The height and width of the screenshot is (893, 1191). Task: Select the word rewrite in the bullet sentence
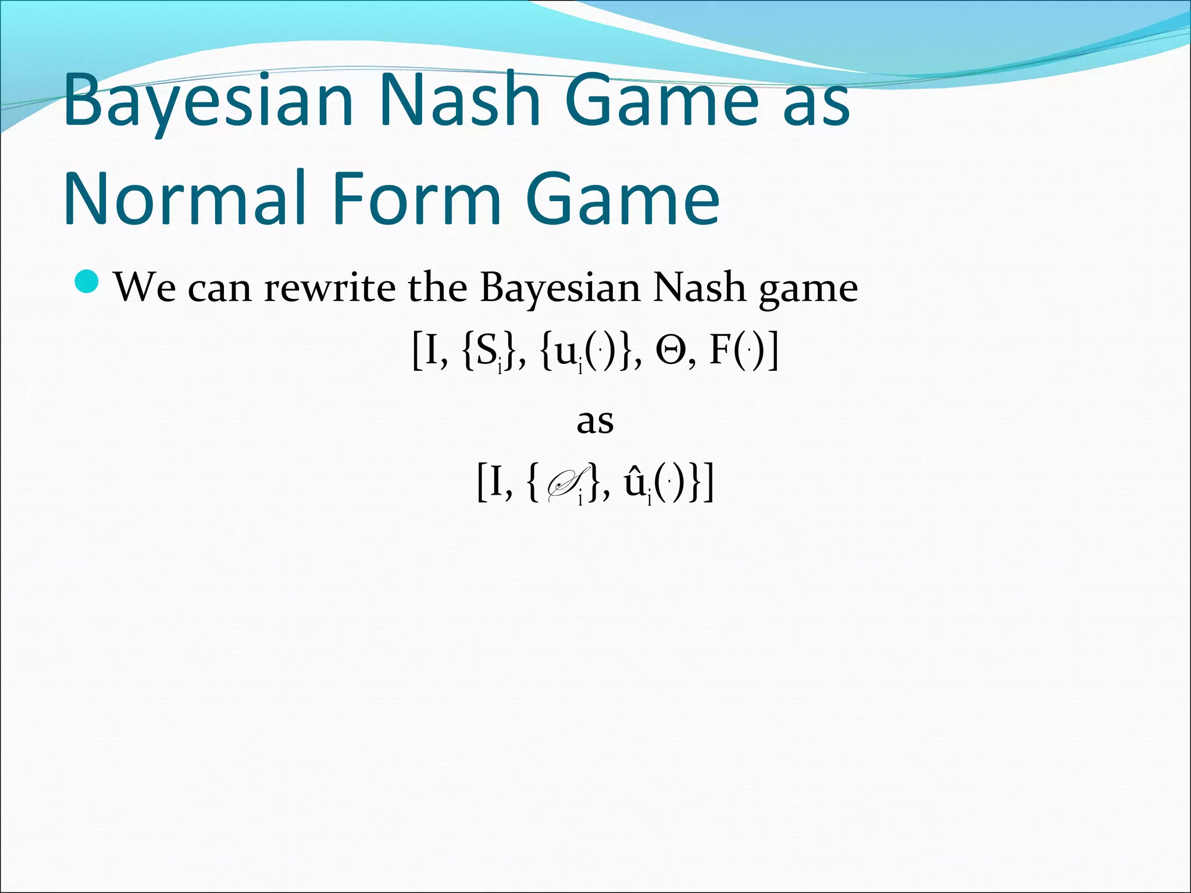tap(329, 287)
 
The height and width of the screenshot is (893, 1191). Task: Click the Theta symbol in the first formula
tap(671, 352)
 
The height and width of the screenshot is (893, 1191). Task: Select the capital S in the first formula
tap(485, 352)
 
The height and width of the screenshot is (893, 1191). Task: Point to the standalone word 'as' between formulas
tap(595, 421)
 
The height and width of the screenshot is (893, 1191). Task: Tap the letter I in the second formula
tap(495, 483)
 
